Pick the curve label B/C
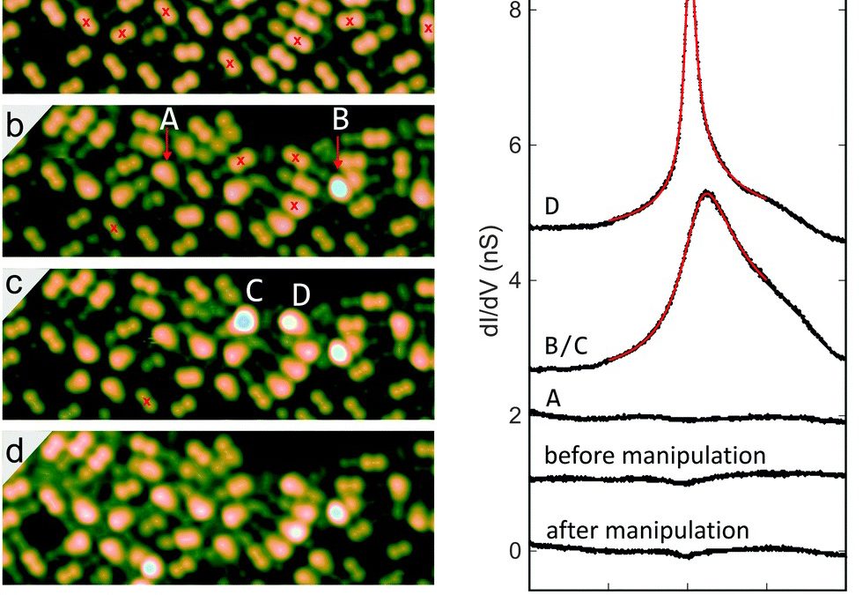[567, 345]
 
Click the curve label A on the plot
[554, 398]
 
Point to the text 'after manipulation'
[647, 531]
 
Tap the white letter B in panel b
[341, 120]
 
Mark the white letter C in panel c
[254, 290]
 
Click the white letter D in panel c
[300, 295]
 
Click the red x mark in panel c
[147, 402]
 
